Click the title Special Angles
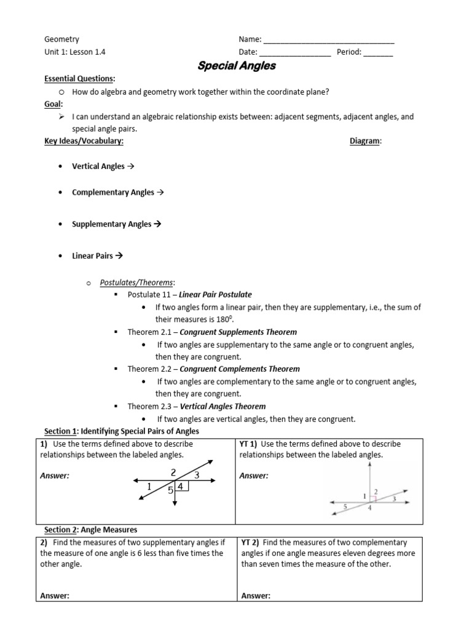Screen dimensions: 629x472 (x=236, y=66)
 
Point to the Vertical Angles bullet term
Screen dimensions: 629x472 (x=98, y=166)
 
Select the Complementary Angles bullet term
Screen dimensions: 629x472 (x=113, y=192)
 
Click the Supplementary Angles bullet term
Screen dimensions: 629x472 (x=111, y=224)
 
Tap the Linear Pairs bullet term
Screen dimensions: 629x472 (x=92, y=256)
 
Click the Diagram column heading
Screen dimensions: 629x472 (x=365, y=141)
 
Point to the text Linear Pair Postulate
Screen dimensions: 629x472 (x=215, y=295)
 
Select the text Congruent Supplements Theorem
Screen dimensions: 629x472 (x=238, y=332)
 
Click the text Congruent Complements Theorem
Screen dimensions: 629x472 (x=240, y=369)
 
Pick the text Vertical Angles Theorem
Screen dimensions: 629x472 (x=222, y=406)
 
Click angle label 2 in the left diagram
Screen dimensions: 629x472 (x=173, y=472)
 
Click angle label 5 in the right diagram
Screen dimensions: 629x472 (x=345, y=507)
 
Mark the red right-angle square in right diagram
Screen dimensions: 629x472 (x=372, y=498)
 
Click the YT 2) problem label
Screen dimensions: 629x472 (x=250, y=542)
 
